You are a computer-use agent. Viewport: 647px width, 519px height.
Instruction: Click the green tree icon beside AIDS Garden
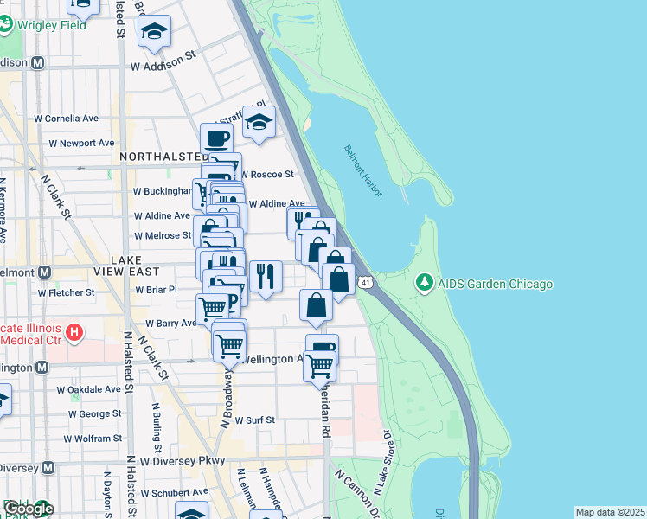coord(424,283)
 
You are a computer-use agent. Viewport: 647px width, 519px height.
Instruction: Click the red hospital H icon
coord(75,332)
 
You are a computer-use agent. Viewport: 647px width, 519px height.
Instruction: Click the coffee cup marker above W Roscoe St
coord(216,138)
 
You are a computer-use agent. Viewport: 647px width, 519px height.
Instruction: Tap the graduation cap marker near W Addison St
coord(155,32)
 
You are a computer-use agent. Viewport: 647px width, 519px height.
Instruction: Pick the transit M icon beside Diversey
coord(48,467)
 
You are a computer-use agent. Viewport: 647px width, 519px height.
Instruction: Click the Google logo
coord(29,509)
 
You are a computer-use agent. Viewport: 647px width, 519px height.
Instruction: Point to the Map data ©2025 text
coord(610,512)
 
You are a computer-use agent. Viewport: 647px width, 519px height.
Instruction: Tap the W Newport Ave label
coord(81,143)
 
